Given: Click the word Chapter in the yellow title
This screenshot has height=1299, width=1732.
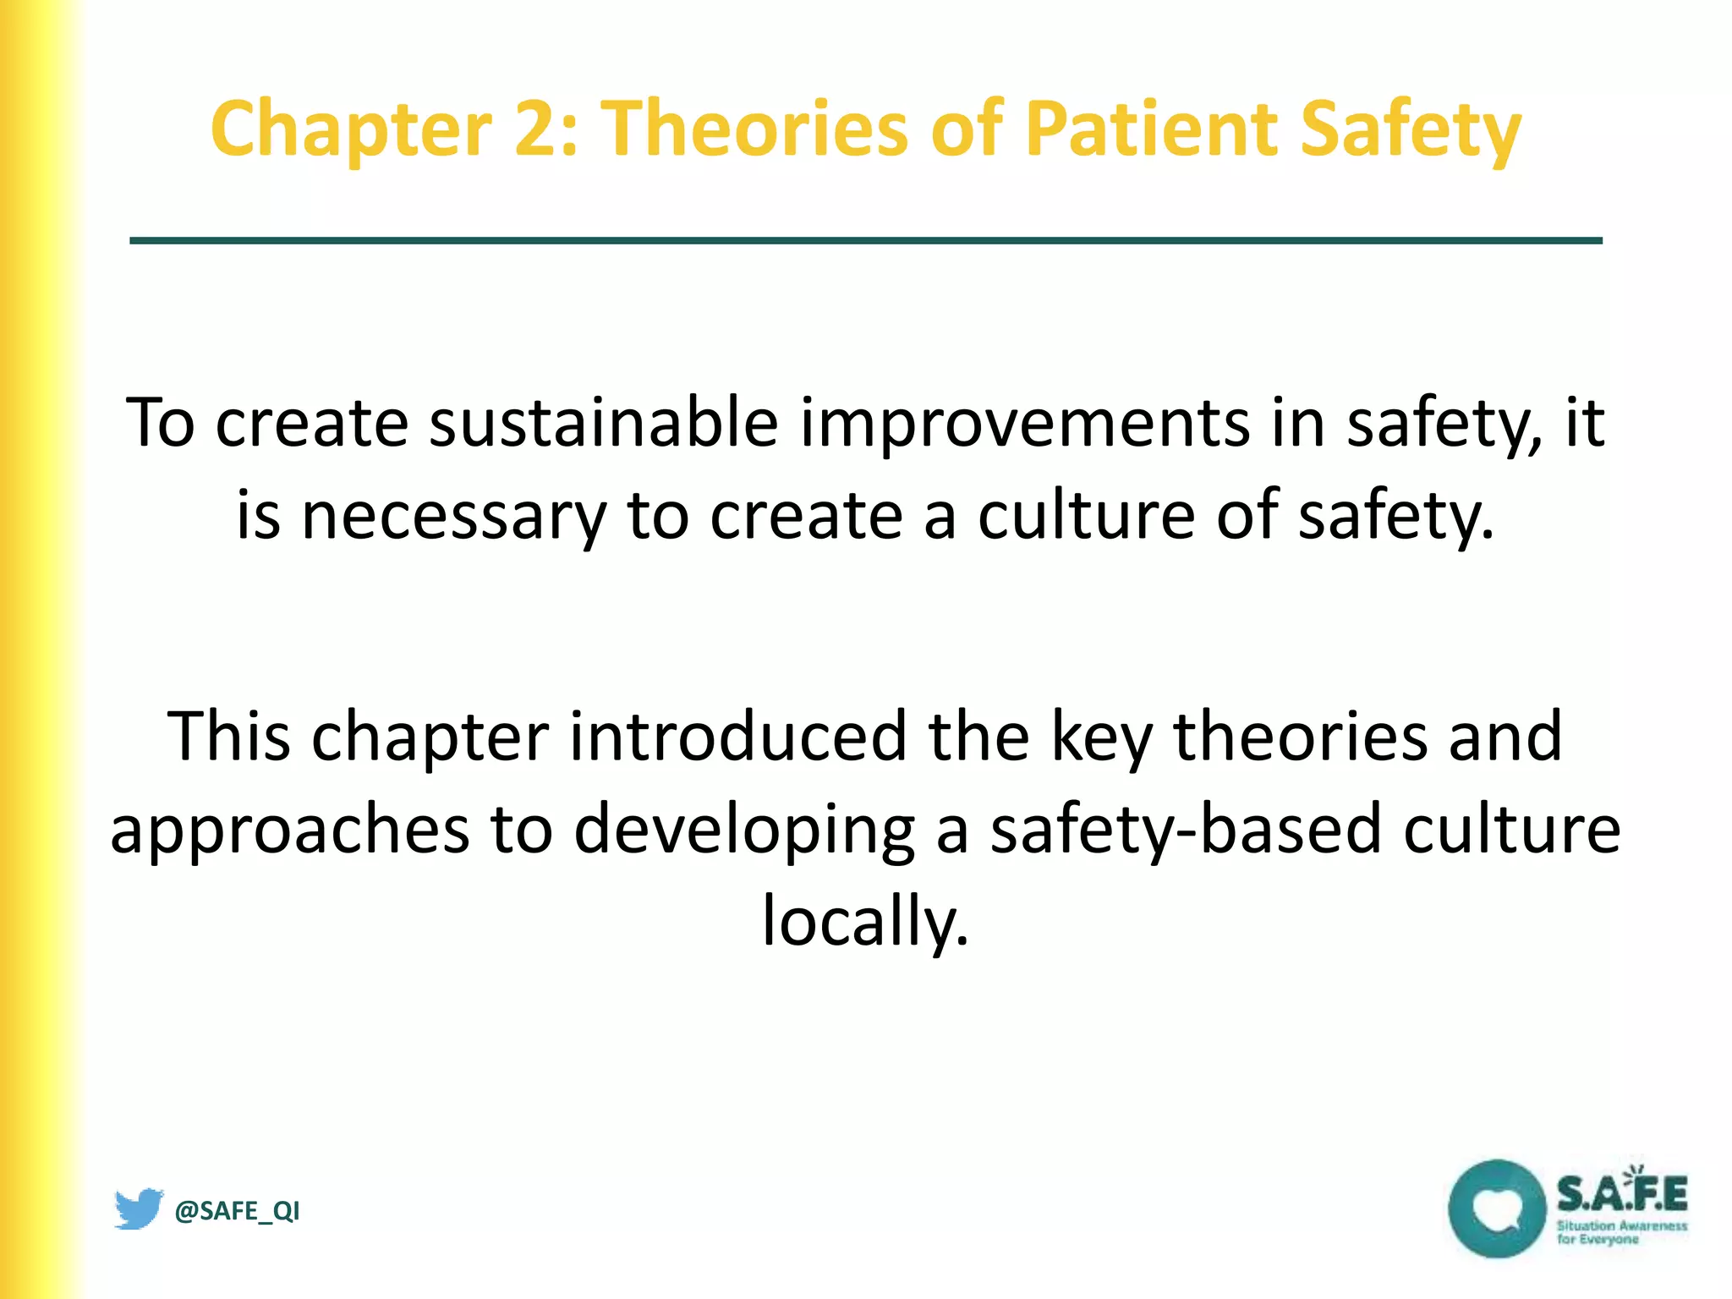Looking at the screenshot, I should (x=351, y=129).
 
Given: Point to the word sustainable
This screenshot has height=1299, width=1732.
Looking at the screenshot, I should (x=604, y=422).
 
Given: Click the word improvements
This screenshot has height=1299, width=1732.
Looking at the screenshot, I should (x=1024, y=422).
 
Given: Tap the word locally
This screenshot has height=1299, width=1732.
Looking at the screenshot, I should (x=865, y=921).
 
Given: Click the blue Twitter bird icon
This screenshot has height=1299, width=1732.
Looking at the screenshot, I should (x=139, y=1209).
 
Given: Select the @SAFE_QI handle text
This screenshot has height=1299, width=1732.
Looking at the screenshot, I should (x=237, y=1211).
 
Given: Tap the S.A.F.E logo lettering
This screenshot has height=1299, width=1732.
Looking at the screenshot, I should (x=1621, y=1193).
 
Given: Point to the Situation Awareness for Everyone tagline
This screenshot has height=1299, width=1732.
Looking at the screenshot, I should (x=1621, y=1232).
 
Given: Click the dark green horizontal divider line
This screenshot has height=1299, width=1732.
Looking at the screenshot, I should (x=865, y=241).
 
